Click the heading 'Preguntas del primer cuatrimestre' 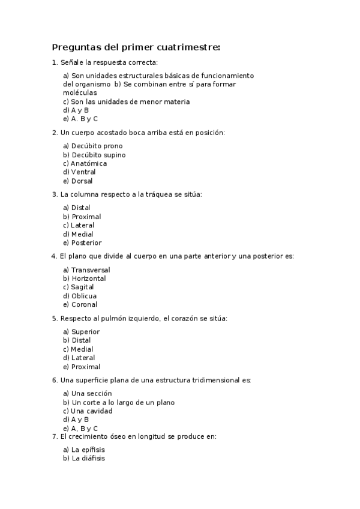tap(136, 47)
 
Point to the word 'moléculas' tap(80, 93)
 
